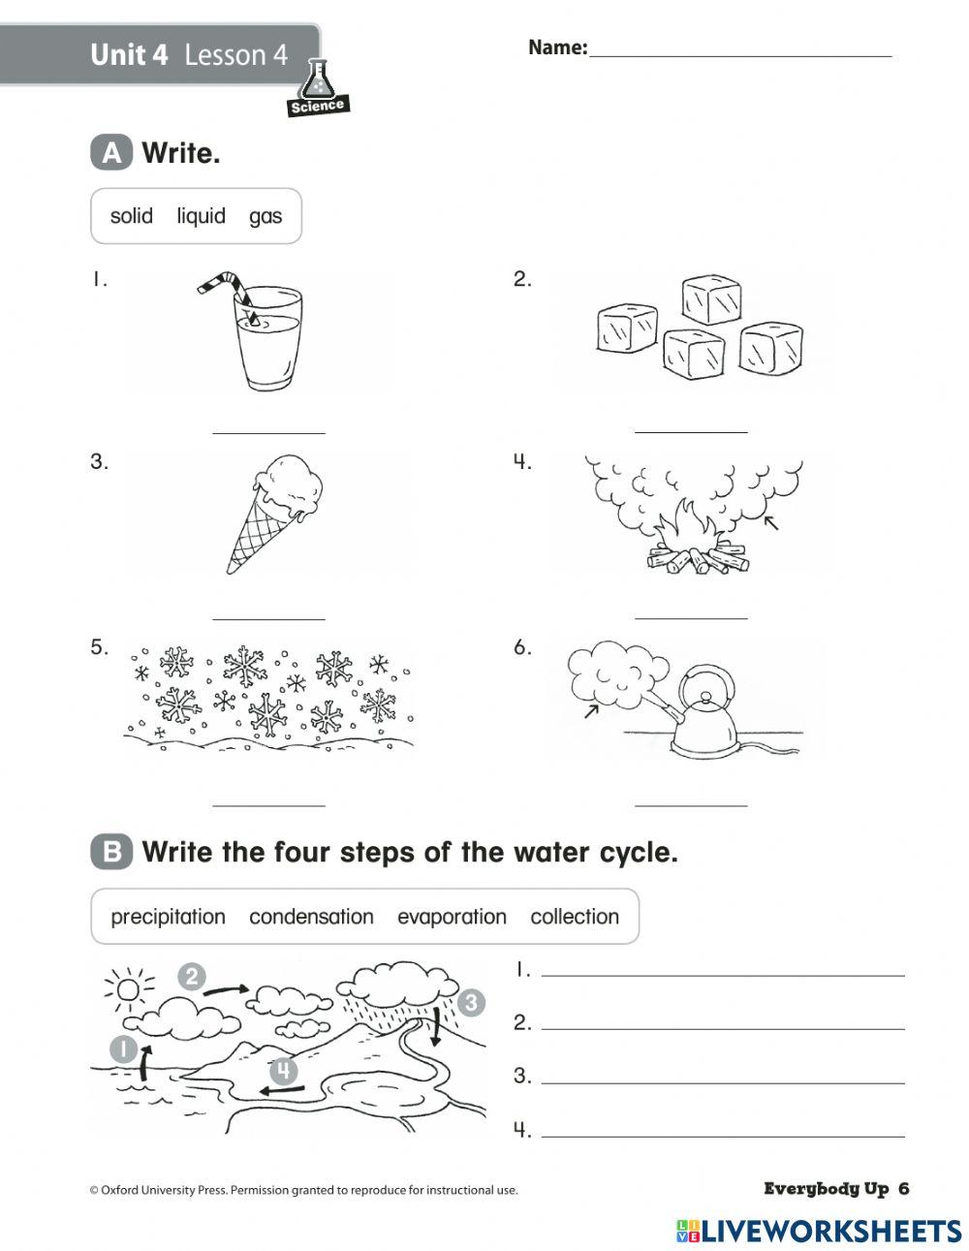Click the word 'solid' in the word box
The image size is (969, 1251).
click(132, 215)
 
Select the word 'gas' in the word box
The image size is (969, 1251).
click(265, 215)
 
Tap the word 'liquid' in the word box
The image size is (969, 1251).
click(201, 215)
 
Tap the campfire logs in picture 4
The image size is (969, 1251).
click(698, 560)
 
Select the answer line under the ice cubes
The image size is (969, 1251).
click(691, 430)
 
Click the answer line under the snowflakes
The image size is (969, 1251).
click(268, 803)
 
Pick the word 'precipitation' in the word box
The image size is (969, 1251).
click(168, 916)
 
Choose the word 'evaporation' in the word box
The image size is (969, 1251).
click(452, 916)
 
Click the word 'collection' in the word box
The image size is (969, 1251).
click(575, 916)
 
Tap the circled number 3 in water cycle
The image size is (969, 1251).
click(471, 1002)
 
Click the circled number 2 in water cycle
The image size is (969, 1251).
click(191, 976)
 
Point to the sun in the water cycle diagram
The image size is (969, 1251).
click(127, 989)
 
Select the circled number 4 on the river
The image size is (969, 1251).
click(283, 1070)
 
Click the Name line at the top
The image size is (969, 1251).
click(740, 54)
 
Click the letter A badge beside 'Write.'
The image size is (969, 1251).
click(111, 153)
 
